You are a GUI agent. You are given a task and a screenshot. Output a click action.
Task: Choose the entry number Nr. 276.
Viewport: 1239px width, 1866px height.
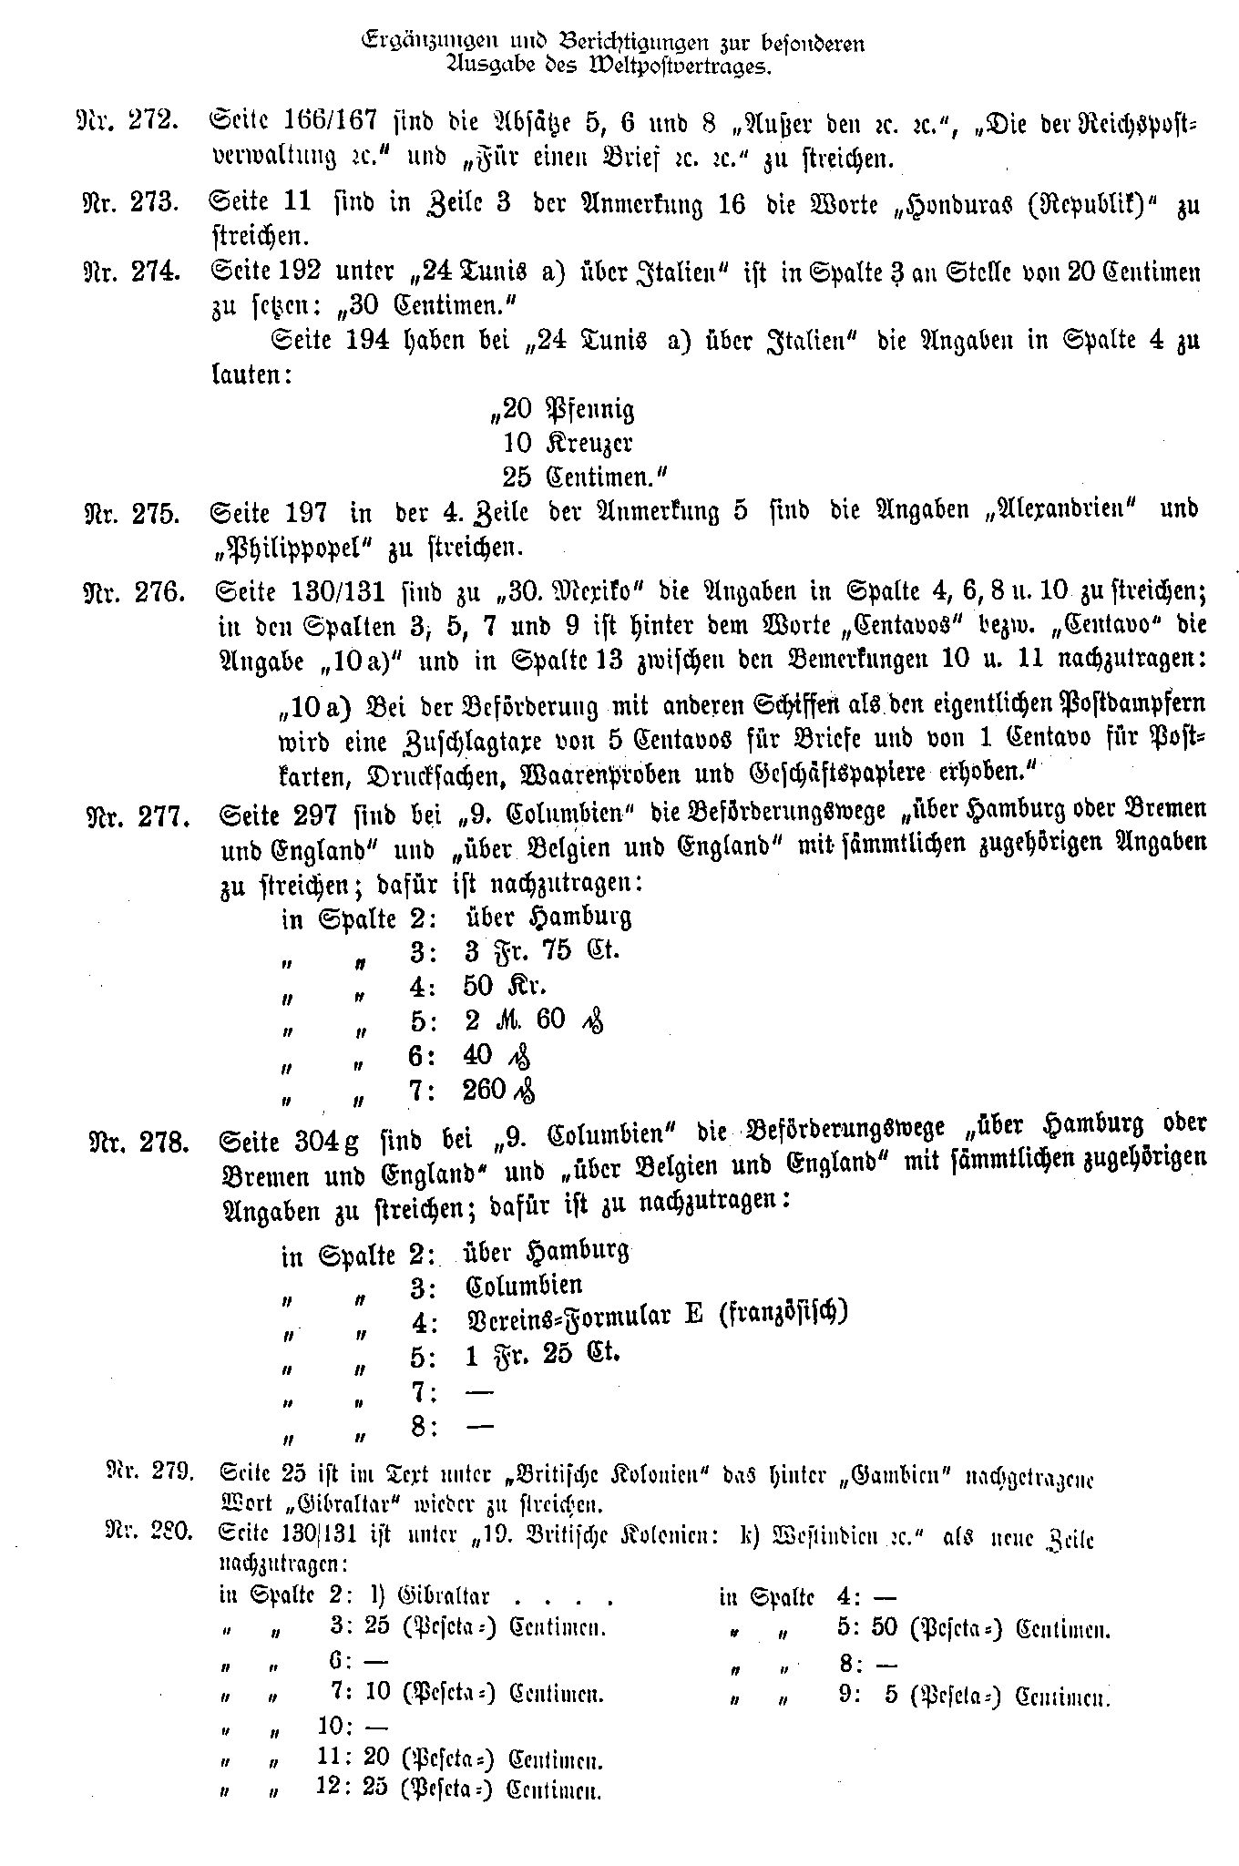point(134,593)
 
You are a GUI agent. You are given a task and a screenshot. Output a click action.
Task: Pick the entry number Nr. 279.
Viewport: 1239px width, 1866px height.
point(148,1470)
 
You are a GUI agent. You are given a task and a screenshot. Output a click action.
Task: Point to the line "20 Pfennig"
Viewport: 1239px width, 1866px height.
point(561,410)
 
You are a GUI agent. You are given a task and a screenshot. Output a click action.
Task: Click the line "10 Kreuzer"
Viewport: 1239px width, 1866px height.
point(567,444)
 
